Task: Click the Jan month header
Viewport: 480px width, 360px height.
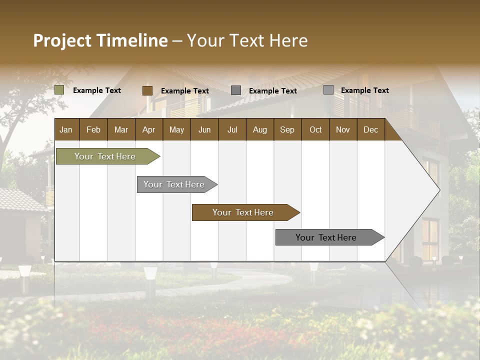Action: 66,130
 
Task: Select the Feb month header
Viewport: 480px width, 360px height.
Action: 93,130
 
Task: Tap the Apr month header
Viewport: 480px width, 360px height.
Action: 149,130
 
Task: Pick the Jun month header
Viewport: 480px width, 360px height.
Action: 204,130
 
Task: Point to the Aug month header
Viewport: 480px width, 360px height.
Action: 260,130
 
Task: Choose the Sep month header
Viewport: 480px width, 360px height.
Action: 287,130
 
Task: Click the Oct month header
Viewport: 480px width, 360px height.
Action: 315,130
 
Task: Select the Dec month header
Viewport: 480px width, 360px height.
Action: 371,130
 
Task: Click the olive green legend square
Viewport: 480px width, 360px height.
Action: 59,90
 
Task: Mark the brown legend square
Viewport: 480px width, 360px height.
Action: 147,90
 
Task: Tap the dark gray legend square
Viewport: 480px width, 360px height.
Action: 236,90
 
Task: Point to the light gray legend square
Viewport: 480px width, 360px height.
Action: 328,90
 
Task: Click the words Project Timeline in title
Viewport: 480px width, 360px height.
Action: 100,40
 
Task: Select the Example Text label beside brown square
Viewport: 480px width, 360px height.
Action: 185,91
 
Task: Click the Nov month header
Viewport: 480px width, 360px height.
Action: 343,130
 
